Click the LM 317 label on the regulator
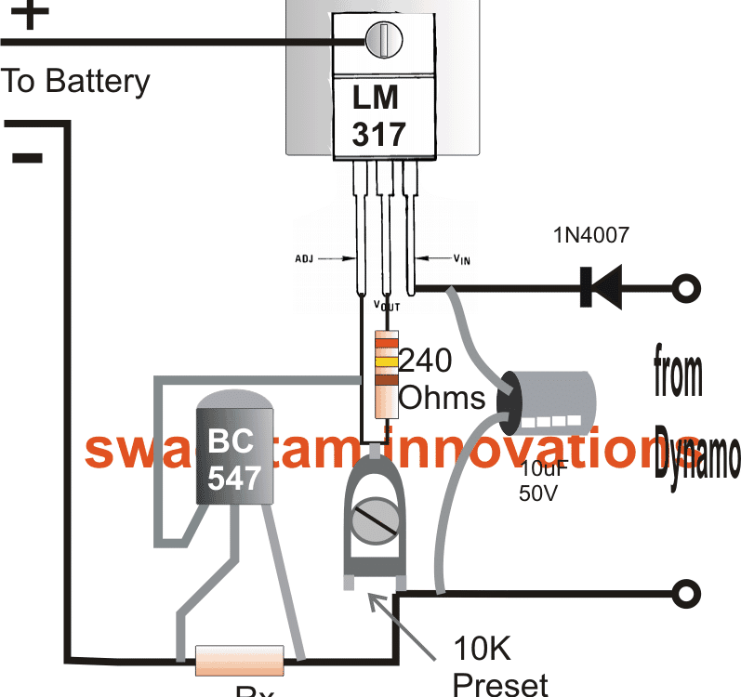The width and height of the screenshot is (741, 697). tap(379, 115)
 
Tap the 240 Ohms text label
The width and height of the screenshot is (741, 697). tap(439, 378)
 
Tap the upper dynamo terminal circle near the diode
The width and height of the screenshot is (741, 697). tap(686, 287)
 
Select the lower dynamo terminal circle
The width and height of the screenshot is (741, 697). tap(686, 593)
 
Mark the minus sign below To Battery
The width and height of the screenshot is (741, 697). tap(28, 157)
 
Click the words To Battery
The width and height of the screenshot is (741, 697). tap(74, 81)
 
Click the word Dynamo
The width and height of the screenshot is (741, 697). tap(697, 455)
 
